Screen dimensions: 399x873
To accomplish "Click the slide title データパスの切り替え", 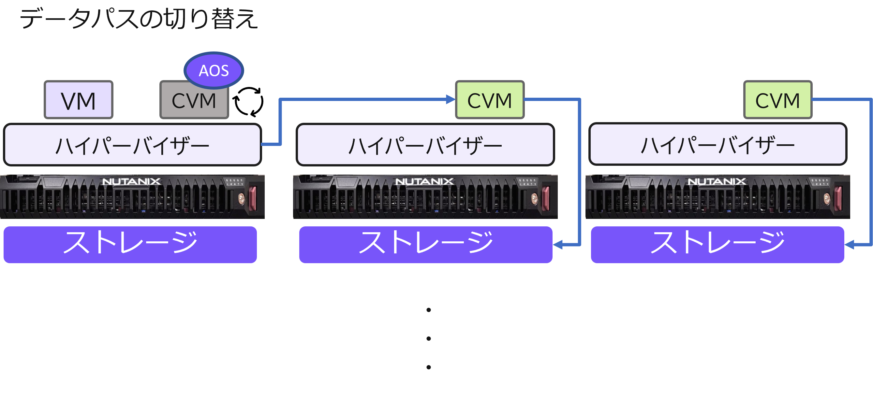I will (x=139, y=19).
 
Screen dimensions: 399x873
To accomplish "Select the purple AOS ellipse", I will (x=214, y=70).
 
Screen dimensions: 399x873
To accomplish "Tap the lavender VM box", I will (x=78, y=100).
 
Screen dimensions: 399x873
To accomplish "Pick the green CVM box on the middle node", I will (x=490, y=100).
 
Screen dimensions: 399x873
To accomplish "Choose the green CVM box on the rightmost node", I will (x=777, y=100).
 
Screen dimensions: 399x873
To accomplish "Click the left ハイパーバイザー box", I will (x=132, y=145).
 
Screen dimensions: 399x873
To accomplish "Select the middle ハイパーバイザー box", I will (x=425, y=145).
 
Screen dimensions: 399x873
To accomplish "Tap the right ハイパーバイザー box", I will (x=718, y=144).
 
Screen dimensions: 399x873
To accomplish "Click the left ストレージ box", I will (x=130, y=244).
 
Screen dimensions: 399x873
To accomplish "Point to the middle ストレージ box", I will (x=426, y=244).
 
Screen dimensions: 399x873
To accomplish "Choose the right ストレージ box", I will (x=718, y=244).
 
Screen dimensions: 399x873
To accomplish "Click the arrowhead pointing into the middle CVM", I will (x=451, y=99).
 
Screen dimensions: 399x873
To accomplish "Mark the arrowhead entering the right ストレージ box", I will (x=849, y=244).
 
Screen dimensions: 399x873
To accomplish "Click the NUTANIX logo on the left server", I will (x=131, y=181).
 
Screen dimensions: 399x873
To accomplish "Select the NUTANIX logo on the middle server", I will (x=424, y=181).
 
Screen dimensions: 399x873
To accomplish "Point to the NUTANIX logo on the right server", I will (x=717, y=181).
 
